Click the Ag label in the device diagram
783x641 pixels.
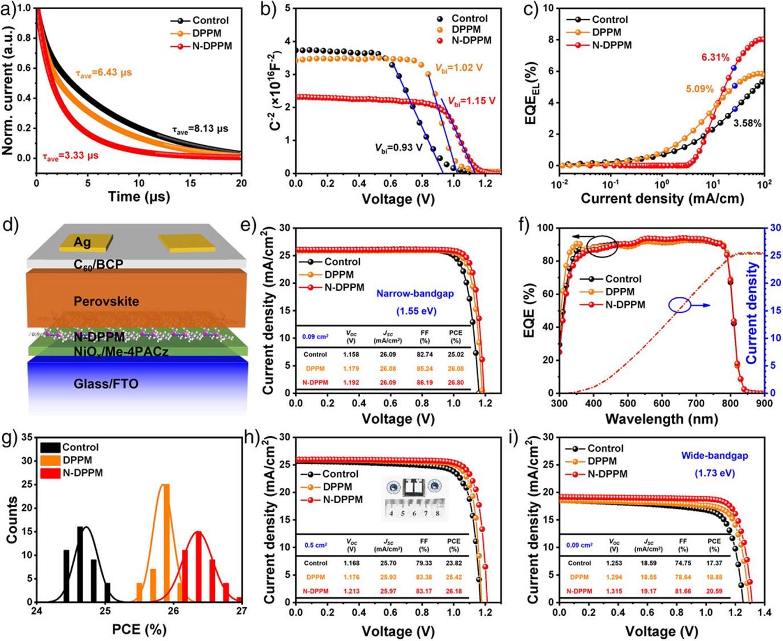tap(83, 243)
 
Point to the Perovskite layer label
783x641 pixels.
tap(106, 301)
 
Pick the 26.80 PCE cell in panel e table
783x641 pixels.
tap(455, 382)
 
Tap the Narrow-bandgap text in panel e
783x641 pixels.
tap(406, 295)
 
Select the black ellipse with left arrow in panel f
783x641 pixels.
tap(602, 247)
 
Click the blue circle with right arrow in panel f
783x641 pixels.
tap(680, 305)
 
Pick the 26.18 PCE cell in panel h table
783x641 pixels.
tap(454, 590)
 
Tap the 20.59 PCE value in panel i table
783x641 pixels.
tap(713, 591)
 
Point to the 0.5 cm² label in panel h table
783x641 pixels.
tap(315, 545)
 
